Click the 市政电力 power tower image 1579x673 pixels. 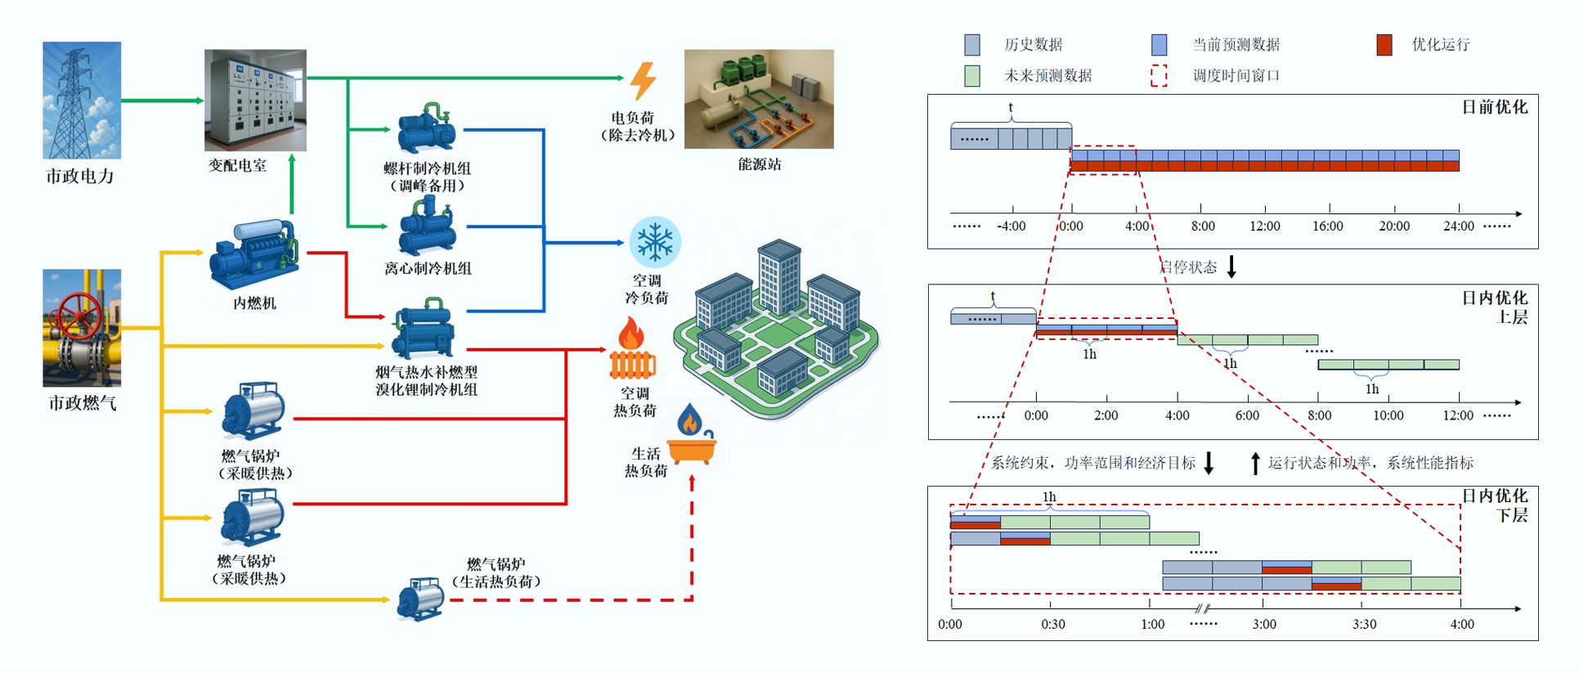tap(82, 100)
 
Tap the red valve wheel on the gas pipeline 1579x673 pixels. tap(79, 313)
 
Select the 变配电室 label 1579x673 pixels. tap(237, 165)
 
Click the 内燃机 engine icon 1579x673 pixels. tap(253, 253)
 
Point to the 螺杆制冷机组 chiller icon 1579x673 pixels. tap(426, 129)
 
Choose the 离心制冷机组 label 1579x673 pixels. tap(428, 268)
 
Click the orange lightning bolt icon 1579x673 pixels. tap(643, 81)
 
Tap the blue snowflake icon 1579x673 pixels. tap(654, 242)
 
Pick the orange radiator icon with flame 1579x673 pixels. tap(632, 352)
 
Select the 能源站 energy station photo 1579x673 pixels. tap(759, 99)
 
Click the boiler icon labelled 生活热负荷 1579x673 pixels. tap(420, 598)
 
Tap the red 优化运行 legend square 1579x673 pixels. tap(1384, 45)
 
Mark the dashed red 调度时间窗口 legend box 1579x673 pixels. tap(1159, 76)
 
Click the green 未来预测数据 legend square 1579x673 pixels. tap(972, 76)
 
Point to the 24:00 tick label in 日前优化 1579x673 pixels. tap(1458, 227)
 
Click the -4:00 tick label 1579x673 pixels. tap(1011, 227)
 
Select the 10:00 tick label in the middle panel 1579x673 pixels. tap(1388, 415)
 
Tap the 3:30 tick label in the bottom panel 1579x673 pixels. tap(1364, 625)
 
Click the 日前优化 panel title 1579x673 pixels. tap(1494, 108)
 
